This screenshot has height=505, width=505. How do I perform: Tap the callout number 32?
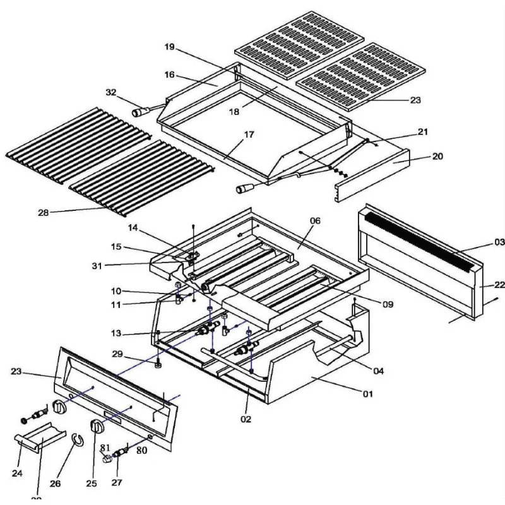point(111,92)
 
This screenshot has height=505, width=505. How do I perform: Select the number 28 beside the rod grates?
point(43,213)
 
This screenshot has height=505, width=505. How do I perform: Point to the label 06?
point(315,220)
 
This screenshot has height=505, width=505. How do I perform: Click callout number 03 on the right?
point(499,242)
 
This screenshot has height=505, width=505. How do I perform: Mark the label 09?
point(388,304)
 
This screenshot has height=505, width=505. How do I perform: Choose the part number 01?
point(367,395)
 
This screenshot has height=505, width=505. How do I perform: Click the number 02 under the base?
point(246,418)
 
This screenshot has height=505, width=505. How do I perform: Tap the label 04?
point(378,371)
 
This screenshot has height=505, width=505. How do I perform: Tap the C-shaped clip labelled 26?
point(76,439)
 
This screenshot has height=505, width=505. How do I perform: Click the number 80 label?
point(142,451)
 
